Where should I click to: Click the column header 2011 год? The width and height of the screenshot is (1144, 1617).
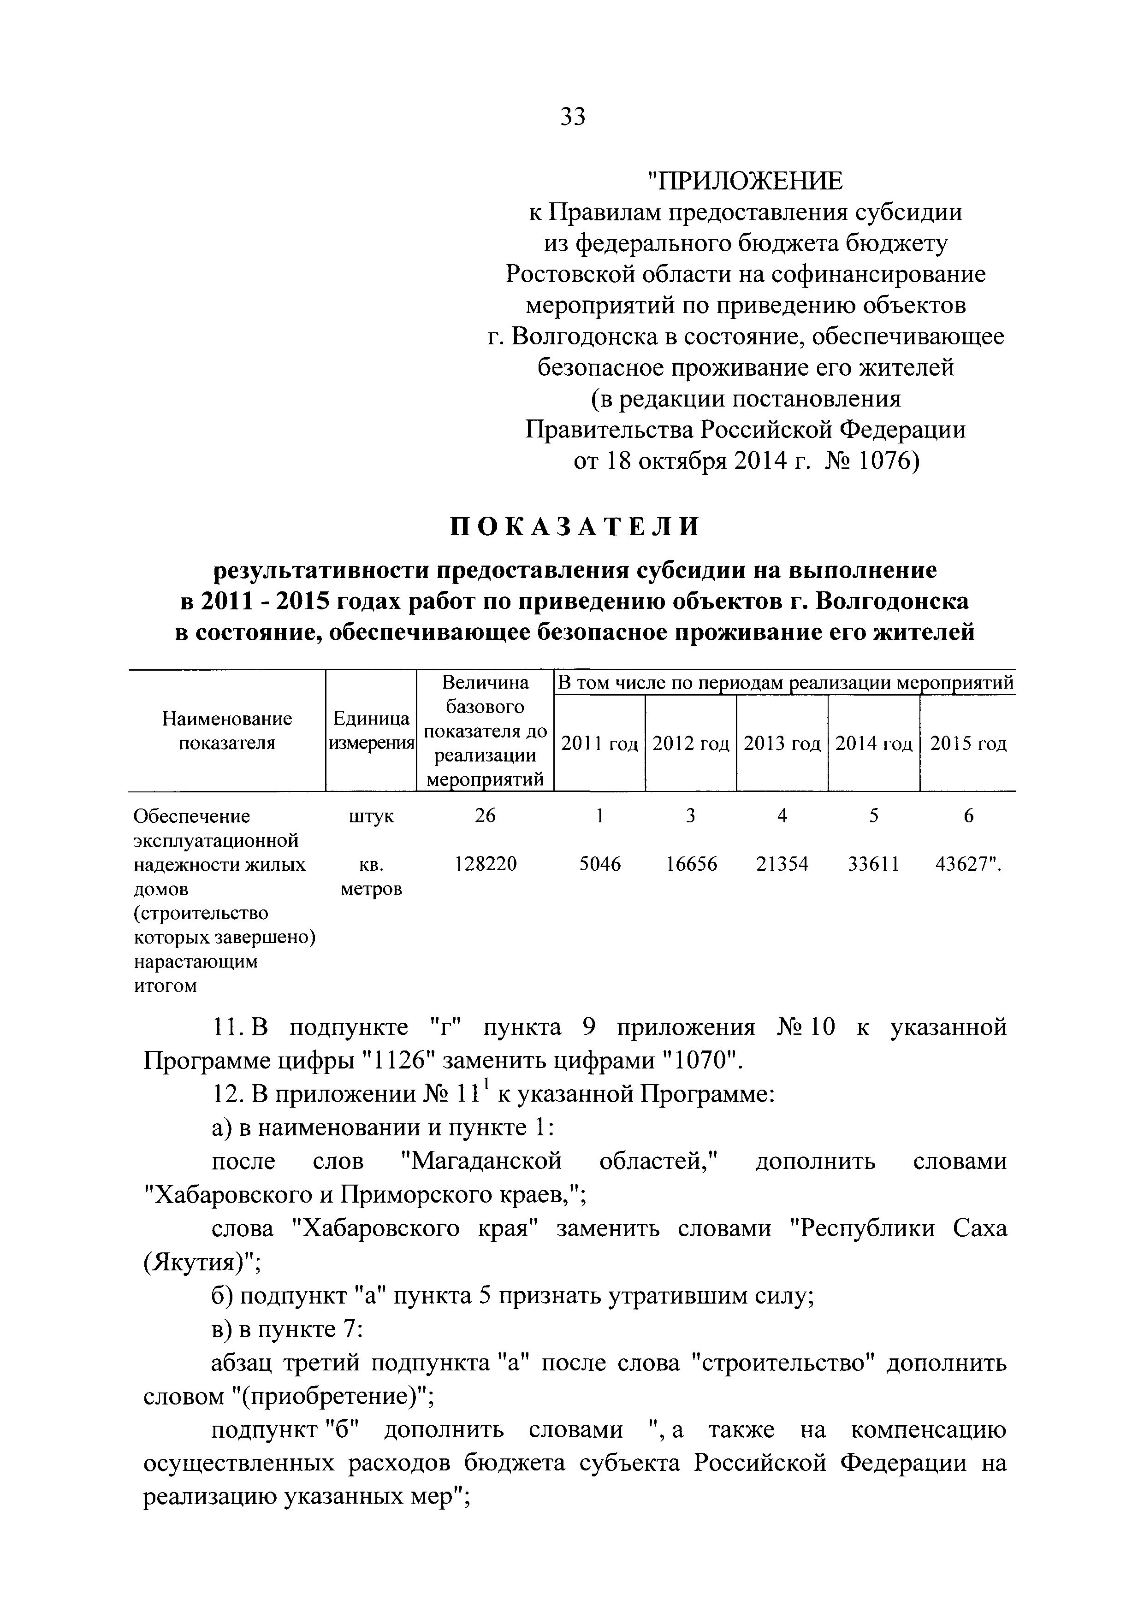(x=599, y=744)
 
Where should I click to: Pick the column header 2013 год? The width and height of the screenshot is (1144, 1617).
(x=782, y=744)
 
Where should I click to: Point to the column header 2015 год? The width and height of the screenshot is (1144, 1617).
(x=968, y=744)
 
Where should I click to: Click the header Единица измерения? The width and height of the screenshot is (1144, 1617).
(x=371, y=731)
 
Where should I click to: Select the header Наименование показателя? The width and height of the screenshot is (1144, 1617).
(x=227, y=731)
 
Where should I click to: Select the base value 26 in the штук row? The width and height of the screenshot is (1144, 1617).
(x=486, y=815)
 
